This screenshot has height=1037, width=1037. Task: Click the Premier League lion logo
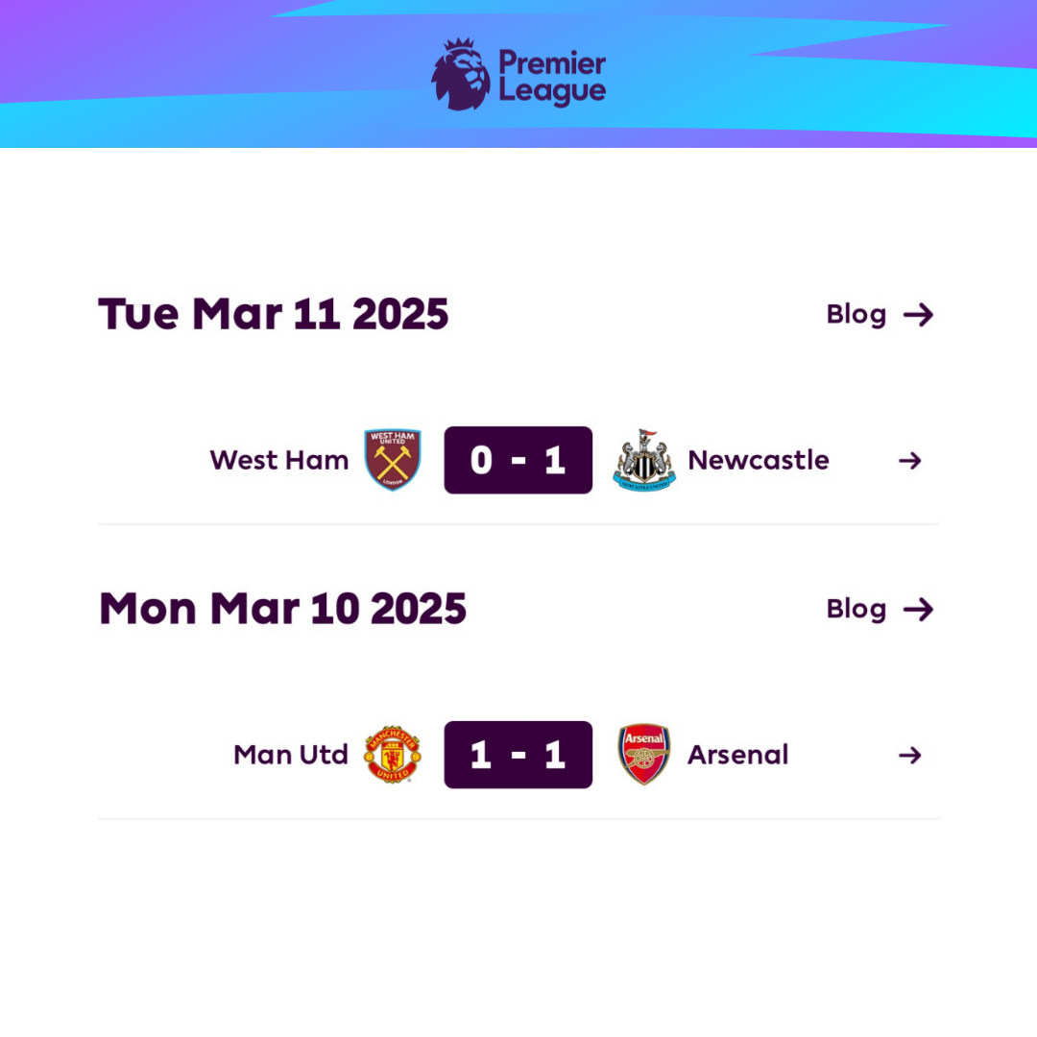(x=461, y=74)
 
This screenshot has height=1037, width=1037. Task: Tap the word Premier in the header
(x=552, y=62)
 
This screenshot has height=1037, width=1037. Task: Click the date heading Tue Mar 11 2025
(x=273, y=313)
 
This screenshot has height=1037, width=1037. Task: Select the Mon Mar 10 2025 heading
(x=282, y=609)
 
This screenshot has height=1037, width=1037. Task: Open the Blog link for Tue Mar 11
(x=880, y=315)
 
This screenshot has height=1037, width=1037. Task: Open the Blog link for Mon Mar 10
(x=880, y=609)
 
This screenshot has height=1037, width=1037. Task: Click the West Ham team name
(x=279, y=460)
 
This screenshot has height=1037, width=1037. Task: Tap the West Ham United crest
(x=393, y=460)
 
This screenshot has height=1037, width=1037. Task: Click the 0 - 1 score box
(x=518, y=460)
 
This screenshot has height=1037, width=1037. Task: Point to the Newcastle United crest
(x=644, y=460)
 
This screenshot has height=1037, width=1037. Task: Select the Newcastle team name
(x=759, y=460)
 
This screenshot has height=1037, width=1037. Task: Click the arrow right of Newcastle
(x=910, y=461)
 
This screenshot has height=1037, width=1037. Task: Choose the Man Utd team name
(x=291, y=755)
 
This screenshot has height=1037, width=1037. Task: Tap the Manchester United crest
(x=392, y=755)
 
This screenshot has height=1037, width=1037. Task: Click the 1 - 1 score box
(x=518, y=755)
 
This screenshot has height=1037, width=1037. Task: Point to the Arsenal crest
(x=644, y=755)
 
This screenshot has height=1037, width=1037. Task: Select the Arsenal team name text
(x=738, y=755)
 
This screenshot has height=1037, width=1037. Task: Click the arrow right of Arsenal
(x=910, y=756)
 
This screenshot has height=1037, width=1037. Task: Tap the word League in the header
(x=552, y=91)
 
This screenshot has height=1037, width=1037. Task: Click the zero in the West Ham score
(x=481, y=460)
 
